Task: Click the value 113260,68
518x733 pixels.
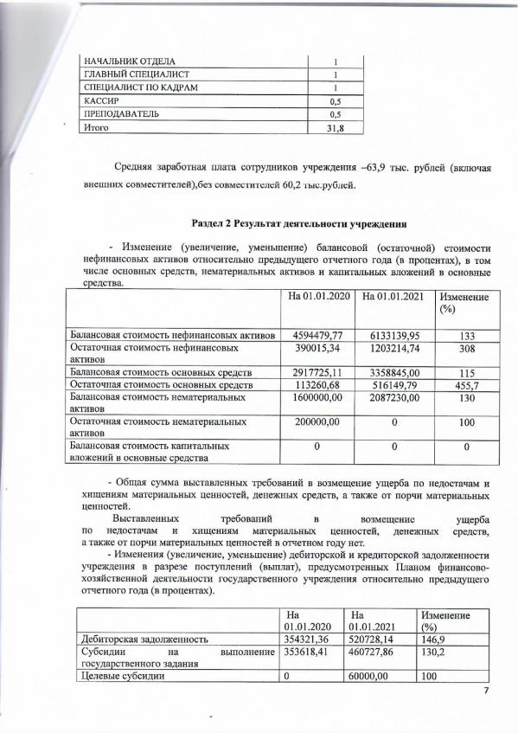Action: click(x=317, y=384)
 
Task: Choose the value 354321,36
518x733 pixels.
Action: click(x=305, y=639)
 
